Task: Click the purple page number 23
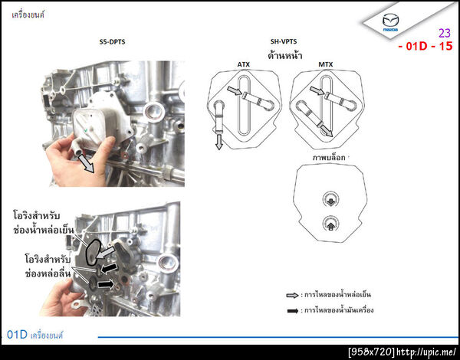pyautogui.click(x=445, y=33)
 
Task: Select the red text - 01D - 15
pyautogui.click(x=426, y=46)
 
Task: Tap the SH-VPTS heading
pyautogui.click(x=283, y=42)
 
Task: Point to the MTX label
pyautogui.click(x=326, y=65)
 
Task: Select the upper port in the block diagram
pyautogui.click(x=328, y=201)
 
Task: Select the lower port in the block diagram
pyautogui.click(x=328, y=224)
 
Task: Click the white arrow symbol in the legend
pyautogui.click(x=292, y=295)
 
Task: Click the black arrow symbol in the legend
pyautogui.click(x=292, y=310)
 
